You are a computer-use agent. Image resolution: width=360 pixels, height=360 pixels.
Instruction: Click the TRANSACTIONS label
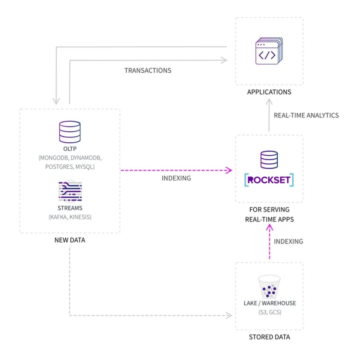pos(148,70)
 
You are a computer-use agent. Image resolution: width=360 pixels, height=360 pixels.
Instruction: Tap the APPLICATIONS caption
pos(269,92)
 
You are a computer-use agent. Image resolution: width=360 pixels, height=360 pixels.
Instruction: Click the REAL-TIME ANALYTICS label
pos(306,115)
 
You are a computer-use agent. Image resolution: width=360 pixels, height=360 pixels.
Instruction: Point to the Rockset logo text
pos(269,180)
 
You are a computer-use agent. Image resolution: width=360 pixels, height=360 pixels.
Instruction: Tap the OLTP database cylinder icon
pos(70,132)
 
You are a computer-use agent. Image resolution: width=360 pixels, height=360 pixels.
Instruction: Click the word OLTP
pos(70,149)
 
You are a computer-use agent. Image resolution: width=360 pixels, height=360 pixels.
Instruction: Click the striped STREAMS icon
pos(70,191)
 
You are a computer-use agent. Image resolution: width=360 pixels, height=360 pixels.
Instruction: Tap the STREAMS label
pos(70,208)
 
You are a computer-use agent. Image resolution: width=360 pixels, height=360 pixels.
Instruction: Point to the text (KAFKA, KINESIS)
pos(70,217)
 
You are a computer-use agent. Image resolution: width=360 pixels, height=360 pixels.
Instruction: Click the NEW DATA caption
pos(70,240)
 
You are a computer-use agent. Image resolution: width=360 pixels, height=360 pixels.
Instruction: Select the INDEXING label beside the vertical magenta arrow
pos(288,241)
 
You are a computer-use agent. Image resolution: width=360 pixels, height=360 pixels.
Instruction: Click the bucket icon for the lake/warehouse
pos(269,287)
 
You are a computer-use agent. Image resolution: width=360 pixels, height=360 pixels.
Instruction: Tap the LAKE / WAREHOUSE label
pos(270,303)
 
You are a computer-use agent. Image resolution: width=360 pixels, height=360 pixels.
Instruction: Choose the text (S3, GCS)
pos(270,312)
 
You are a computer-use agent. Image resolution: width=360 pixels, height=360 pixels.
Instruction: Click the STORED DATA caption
pos(269,337)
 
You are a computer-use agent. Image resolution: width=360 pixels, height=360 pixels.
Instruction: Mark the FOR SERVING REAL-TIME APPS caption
pos(269,215)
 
